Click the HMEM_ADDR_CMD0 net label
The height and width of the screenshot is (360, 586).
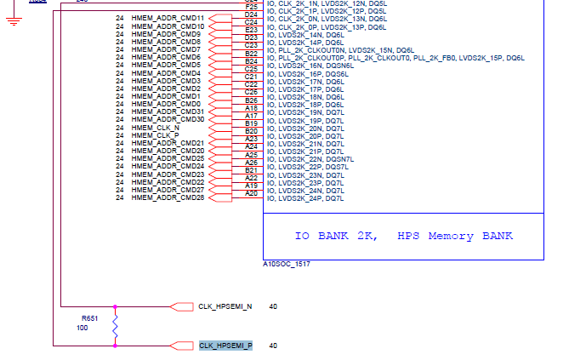tap(166, 104)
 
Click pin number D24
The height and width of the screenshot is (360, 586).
tap(251, 14)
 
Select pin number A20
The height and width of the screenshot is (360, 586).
tap(251, 193)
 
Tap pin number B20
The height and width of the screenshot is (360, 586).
tap(251, 131)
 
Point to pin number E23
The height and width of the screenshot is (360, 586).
tap(251, 30)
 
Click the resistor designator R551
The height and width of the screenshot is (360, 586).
tap(90, 318)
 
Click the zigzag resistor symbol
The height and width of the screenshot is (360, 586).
tap(116, 326)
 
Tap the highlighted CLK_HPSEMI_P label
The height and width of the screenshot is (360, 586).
tap(225, 346)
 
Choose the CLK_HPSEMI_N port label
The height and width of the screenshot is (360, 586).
tap(225, 306)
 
